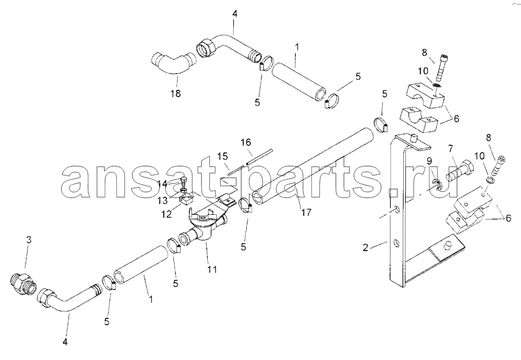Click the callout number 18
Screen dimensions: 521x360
tap(176, 94)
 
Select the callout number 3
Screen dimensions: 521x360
tap(29, 240)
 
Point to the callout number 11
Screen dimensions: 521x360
tap(212, 269)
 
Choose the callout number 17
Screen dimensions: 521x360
tap(306, 212)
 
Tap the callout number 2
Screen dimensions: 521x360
tap(365, 247)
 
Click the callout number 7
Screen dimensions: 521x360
tap(450, 148)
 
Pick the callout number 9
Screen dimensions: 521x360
tap(429, 161)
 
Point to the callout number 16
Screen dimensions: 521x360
tap(246, 143)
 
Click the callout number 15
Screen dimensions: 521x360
tap(223, 156)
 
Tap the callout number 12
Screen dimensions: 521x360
tap(166, 215)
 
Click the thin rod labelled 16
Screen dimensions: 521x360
tap(259, 156)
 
